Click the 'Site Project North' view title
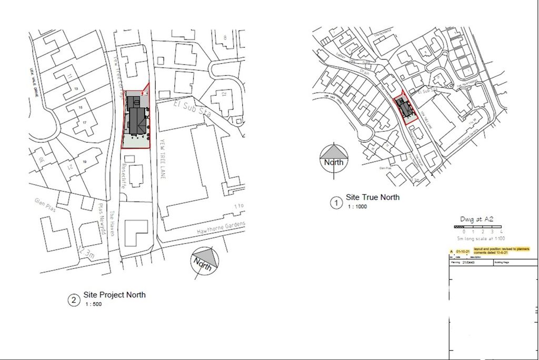point(114,295)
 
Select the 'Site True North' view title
point(372,197)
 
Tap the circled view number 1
point(335,203)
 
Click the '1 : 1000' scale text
point(356,206)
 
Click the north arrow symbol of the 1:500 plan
point(204,261)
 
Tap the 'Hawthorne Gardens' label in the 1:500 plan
point(221,228)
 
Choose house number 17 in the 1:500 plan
point(84,123)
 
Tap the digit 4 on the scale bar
point(501,232)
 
